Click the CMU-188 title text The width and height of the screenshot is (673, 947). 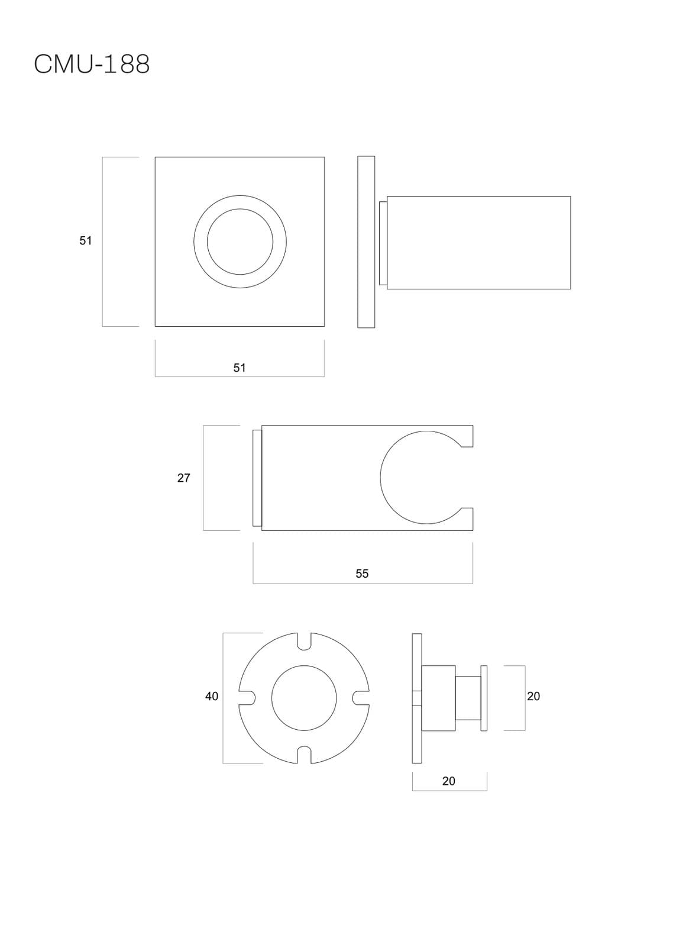click(x=92, y=65)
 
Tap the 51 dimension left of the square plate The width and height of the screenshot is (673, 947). click(x=85, y=240)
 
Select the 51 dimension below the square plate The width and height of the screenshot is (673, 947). click(x=239, y=368)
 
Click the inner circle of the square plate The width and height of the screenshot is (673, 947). click(x=240, y=209)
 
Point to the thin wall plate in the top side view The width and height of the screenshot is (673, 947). click(x=366, y=242)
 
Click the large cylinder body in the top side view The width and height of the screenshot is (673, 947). click(x=478, y=243)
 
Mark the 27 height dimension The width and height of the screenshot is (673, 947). click(x=183, y=478)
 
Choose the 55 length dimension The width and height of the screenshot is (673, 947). click(x=362, y=574)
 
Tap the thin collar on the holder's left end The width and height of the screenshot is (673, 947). click(x=257, y=478)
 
